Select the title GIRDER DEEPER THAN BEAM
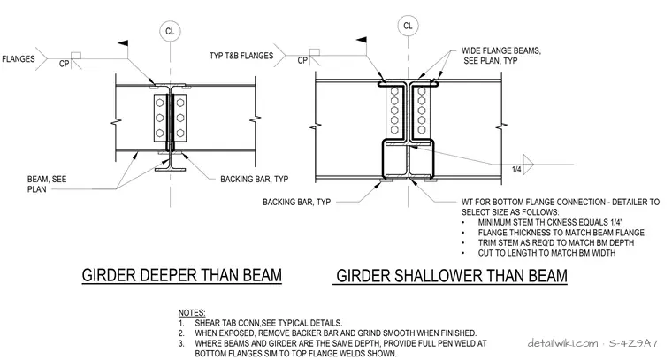pyautogui.click(x=182, y=275)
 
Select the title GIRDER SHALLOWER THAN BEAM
pyautogui.click(x=452, y=276)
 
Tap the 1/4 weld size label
pyautogui.click(x=516, y=170)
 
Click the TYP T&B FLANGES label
pyautogui.click(x=241, y=56)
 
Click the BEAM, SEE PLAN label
pyautogui.click(x=47, y=184)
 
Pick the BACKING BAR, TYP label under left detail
pyautogui.click(x=254, y=180)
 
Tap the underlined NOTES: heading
pyautogui.click(x=192, y=313)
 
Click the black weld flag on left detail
pyautogui.click(x=123, y=43)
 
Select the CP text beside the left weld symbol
pyautogui.click(x=64, y=65)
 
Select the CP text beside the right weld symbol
pyautogui.click(x=302, y=60)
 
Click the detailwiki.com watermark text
pyautogui.click(x=562, y=343)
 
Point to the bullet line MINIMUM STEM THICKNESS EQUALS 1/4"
pyautogui.click(x=550, y=222)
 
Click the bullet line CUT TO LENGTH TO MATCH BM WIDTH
pyautogui.click(x=546, y=253)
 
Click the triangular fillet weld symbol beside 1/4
pyautogui.click(x=528, y=165)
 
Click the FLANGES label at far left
pyautogui.click(x=18, y=58)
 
